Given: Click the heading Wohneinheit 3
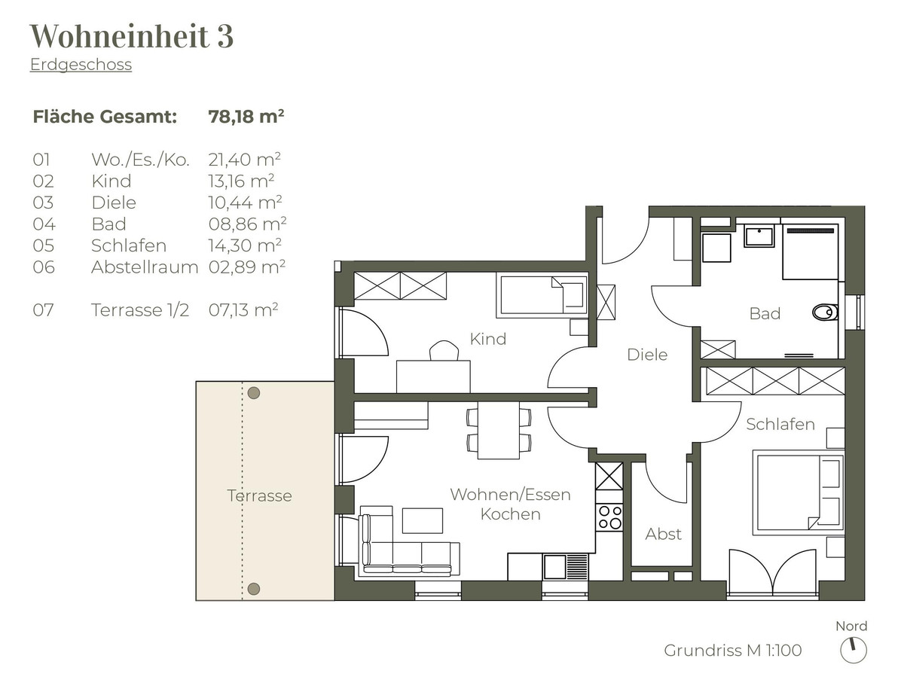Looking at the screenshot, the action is (x=132, y=36).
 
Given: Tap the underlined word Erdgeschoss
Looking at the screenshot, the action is (x=81, y=65).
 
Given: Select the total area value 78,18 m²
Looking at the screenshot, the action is (x=246, y=117).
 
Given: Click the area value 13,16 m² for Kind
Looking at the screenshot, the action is (x=241, y=181).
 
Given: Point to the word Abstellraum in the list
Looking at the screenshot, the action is (x=145, y=267).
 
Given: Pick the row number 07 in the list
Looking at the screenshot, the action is (x=43, y=310).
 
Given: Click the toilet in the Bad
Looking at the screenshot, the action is (x=825, y=312).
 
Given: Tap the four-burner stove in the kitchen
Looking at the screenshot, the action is (x=609, y=517).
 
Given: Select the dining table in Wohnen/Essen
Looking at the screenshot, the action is (x=499, y=430).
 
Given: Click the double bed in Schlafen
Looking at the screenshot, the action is (x=798, y=493).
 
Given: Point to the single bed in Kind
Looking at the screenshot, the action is (x=542, y=295).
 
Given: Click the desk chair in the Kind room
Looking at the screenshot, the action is (x=444, y=350).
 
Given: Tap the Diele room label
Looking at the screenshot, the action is (x=647, y=355).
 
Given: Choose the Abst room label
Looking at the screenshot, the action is (x=663, y=534).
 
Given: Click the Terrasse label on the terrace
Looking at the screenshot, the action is (x=259, y=495).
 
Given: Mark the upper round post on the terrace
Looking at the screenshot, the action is (x=254, y=393).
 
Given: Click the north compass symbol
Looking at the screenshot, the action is (x=854, y=651).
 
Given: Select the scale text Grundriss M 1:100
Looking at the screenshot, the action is (x=732, y=651).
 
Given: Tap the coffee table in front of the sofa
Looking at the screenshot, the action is (x=423, y=520).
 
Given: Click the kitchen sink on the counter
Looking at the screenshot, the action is (x=554, y=567).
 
